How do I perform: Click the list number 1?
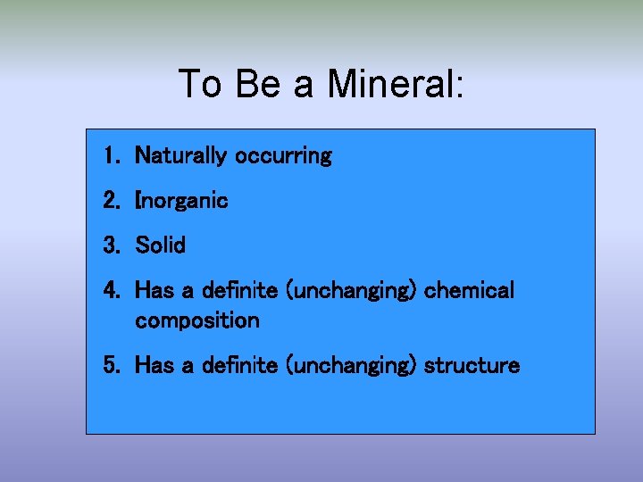110,156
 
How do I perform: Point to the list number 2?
110,201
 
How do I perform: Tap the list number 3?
110,245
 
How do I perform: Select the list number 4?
110,291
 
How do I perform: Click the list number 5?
110,366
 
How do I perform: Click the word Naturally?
180,156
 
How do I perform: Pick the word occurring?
283,156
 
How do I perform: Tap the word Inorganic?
181,201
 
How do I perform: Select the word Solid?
161,245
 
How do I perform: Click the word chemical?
470,291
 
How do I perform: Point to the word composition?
197,320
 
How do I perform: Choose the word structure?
472,366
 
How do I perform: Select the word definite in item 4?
239,291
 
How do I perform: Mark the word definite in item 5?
239,366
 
